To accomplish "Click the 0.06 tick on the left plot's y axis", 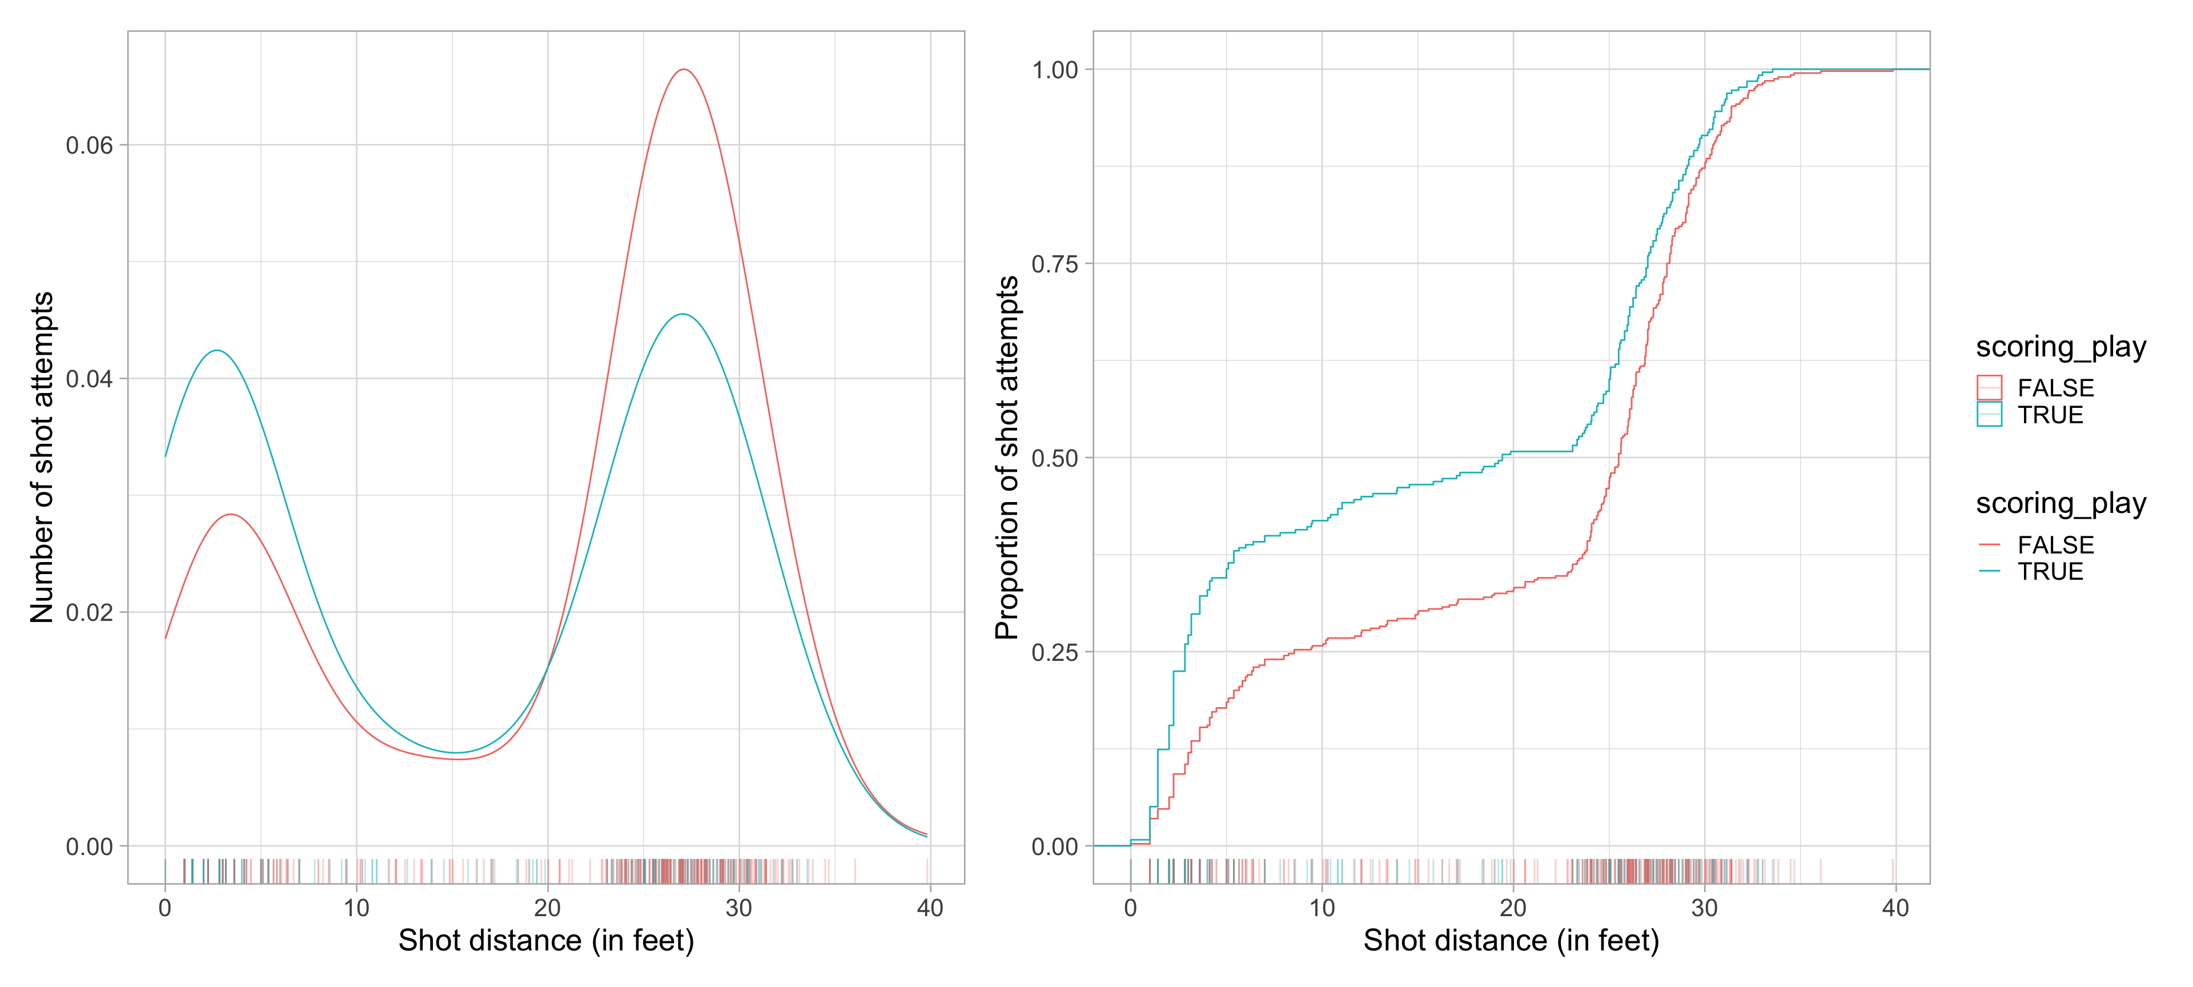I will (x=90, y=146).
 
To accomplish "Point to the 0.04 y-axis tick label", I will (x=90, y=379).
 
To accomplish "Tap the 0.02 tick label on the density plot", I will (x=90, y=613).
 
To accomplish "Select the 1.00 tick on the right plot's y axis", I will (x=1055, y=70).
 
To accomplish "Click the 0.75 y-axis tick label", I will (x=1055, y=264).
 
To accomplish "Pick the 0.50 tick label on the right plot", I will (x=1055, y=458).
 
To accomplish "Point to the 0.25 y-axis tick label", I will (x=1055, y=652).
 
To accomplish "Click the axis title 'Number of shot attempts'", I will (x=42, y=458).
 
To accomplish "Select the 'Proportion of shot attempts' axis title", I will (x=1007, y=458).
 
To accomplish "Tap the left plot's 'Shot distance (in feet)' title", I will (x=546, y=940).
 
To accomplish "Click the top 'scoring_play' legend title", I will (x=2060, y=347).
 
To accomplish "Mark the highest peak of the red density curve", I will (x=684, y=69).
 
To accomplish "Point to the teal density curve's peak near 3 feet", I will (x=218, y=350).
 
